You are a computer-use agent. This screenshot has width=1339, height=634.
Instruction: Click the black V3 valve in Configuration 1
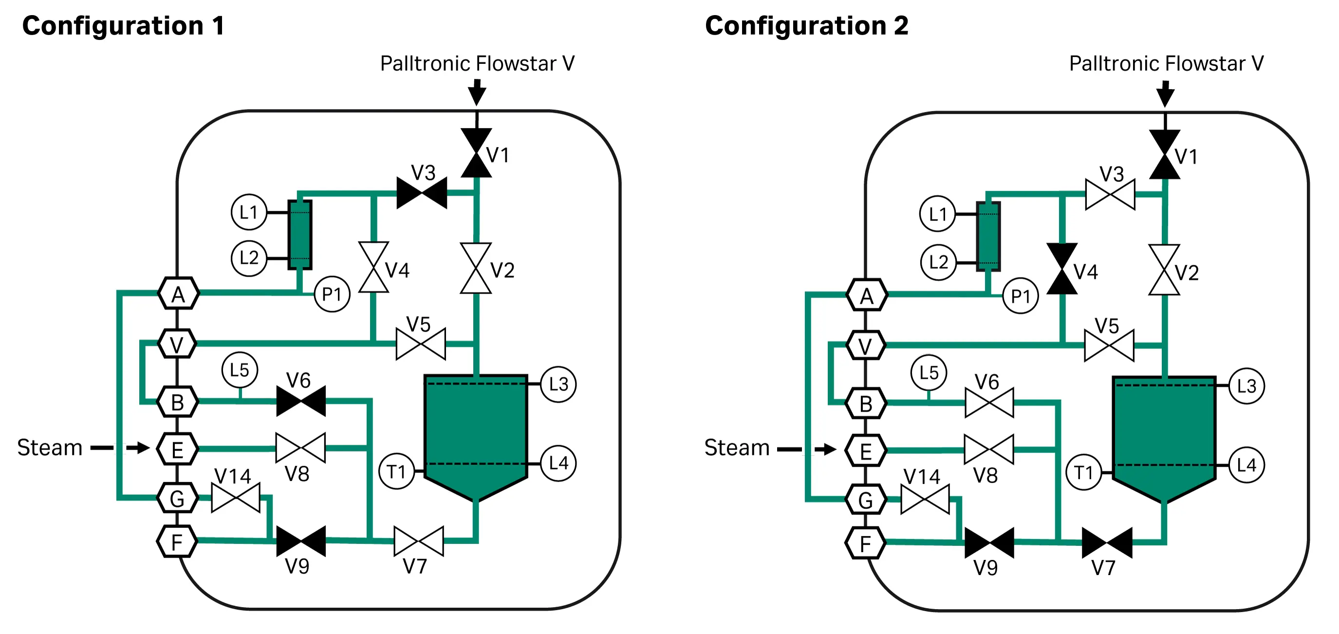422,193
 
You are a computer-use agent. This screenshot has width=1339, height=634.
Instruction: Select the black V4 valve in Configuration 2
1061,269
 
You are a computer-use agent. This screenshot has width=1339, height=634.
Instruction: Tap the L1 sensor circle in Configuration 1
249,212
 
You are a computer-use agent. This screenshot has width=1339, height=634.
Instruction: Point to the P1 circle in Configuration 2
1021,296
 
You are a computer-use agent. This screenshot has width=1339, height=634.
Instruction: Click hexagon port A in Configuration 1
178,294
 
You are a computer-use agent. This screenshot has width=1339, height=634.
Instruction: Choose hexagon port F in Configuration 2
865,543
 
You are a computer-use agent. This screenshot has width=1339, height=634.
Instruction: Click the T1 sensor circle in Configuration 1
397,471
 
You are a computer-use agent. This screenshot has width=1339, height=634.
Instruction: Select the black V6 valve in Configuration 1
301,401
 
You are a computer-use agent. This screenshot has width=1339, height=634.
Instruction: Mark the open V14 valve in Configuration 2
925,500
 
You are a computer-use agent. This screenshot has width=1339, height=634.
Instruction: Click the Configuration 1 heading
123,26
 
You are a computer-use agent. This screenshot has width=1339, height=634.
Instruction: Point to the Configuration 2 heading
806,26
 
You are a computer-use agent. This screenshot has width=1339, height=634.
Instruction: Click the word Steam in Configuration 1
50,448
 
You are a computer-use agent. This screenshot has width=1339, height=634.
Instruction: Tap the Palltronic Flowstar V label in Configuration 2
1166,63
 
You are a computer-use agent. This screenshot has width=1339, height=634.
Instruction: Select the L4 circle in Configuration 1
558,463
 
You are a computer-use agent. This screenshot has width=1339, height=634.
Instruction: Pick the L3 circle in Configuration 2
1246,386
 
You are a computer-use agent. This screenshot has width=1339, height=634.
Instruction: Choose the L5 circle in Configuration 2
929,373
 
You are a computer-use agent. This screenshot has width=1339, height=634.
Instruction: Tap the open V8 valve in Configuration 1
300,448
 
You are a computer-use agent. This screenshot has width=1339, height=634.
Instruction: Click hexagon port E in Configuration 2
865,450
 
